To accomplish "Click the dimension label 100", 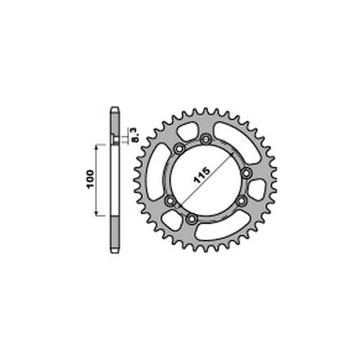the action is pyautogui.click(x=91, y=179).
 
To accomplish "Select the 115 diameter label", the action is pyautogui.click(x=202, y=175).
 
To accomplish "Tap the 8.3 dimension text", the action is pyautogui.click(x=135, y=135).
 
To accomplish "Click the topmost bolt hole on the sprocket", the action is pyautogui.click(x=206, y=139).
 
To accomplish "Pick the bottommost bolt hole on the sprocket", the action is pyautogui.click(x=192, y=219).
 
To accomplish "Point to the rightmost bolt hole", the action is pyautogui.click(x=246, y=173).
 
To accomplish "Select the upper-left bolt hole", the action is pyautogui.click(x=179, y=148).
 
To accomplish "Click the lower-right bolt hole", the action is pyautogui.click(x=241, y=201).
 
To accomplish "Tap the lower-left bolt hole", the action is pyautogui.click(x=171, y=200).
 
